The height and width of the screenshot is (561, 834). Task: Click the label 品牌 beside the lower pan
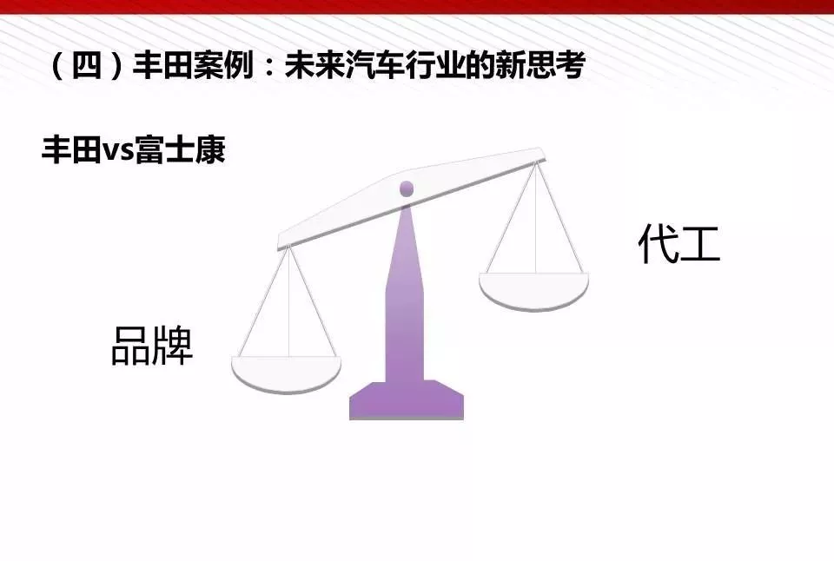(x=151, y=345)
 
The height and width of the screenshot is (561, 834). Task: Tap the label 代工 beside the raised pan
(x=679, y=242)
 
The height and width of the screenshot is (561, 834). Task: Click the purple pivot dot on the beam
(x=407, y=188)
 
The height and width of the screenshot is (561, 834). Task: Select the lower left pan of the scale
(x=286, y=374)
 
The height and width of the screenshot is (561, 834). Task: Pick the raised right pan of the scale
(x=533, y=291)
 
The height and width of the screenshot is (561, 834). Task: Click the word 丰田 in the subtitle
(x=71, y=149)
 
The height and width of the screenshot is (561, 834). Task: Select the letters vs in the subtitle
(x=118, y=152)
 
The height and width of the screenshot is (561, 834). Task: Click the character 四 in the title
(x=86, y=66)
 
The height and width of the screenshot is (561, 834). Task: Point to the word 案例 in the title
(x=223, y=66)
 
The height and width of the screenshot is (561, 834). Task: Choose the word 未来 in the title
(x=314, y=66)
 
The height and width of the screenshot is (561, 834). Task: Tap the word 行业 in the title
(x=435, y=66)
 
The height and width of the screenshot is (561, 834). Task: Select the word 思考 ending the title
(x=555, y=66)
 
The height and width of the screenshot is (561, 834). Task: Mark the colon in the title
(x=269, y=68)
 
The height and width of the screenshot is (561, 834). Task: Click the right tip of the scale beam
(x=544, y=155)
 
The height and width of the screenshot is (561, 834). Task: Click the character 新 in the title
(x=510, y=66)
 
